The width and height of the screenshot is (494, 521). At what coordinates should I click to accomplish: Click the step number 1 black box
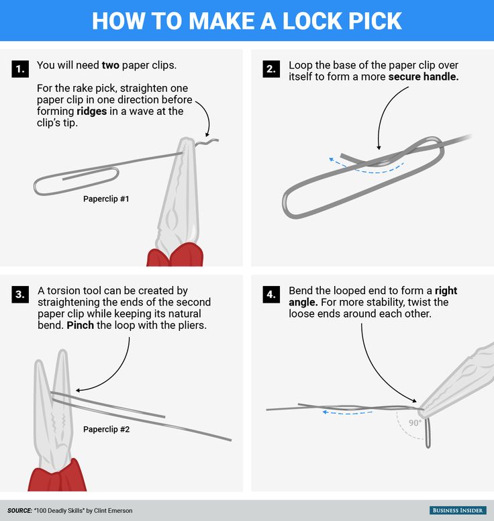pyautogui.click(x=20, y=68)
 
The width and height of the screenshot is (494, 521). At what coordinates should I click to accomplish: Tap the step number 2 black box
pyautogui.click(x=271, y=68)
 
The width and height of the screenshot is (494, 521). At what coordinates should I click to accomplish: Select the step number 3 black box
pyautogui.click(x=20, y=294)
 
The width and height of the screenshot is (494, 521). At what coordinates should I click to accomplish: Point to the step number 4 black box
pyautogui.click(x=271, y=294)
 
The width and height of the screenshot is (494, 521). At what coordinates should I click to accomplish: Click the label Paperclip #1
pyautogui.click(x=106, y=199)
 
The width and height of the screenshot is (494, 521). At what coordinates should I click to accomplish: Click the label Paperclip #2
pyautogui.click(x=106, y=429)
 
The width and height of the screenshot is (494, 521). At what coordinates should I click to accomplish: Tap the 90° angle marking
pyautogui.click(x=415, y=423)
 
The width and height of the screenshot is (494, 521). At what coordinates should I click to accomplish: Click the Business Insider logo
pyautogui.click(x=458, y=510)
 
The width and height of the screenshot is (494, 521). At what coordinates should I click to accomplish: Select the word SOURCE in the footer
pyautogui.click(x=19, y=511)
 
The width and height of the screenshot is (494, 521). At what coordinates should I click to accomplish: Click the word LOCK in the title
pyautogui.click(x=312, y=21)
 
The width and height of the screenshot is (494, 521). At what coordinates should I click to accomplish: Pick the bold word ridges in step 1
pyautogui.click(x=92, y=111)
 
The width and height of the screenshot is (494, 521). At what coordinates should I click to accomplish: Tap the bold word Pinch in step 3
pyautogui.click(x=80, y=325)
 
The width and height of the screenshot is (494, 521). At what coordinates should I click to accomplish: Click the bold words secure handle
pyautogui.click(x=424, y=77)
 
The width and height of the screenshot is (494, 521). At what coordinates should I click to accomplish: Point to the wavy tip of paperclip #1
pyautogui.click(x=207, y=142)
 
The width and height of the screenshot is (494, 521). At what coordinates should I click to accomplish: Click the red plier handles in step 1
pyautogui.click(x=175, y=255)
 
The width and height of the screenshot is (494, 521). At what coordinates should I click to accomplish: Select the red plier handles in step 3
pyautogui.click(x=57, y=475)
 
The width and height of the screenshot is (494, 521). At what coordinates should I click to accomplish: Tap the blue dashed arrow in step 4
pyautogui.click(x=348, y=413)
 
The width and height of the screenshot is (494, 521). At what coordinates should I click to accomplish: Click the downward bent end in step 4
pyautogui.click(x=428, y=432)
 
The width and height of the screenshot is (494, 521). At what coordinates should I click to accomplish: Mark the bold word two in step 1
pyautogui.click(x=110, y=65)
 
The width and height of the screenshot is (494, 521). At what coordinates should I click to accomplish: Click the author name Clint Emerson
pyautogui.click(x=113, y=511)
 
